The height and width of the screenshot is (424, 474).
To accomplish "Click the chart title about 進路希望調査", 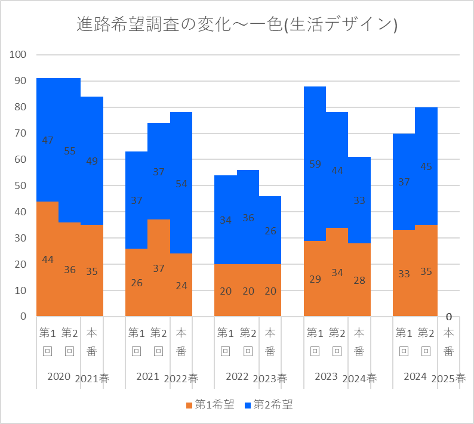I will click(237, 24).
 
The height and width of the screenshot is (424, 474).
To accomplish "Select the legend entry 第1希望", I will click(210, 405).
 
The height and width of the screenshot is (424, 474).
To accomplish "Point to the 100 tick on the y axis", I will click(19, 55).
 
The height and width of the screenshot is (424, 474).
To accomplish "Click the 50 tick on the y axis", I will click(21, 185).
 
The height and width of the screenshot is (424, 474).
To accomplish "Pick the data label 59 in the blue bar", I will click(315, 164).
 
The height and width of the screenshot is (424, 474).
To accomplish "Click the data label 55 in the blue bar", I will click(70, 151).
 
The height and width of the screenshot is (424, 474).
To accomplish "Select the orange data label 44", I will click(48, 259).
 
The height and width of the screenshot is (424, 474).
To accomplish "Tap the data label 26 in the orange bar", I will click(137, 283).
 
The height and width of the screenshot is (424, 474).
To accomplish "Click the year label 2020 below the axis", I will click(59, 377).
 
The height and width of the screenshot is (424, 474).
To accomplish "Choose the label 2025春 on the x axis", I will click(449, 379).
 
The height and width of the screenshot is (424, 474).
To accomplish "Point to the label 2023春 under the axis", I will click(270, 379).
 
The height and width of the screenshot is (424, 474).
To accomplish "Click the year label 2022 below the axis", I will click(237, 377).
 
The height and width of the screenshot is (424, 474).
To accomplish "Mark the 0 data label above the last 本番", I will click(448, 317).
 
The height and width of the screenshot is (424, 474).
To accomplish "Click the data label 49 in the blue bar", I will click(92, 160).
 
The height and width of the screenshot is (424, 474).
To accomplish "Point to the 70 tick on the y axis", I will click(21, 134).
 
